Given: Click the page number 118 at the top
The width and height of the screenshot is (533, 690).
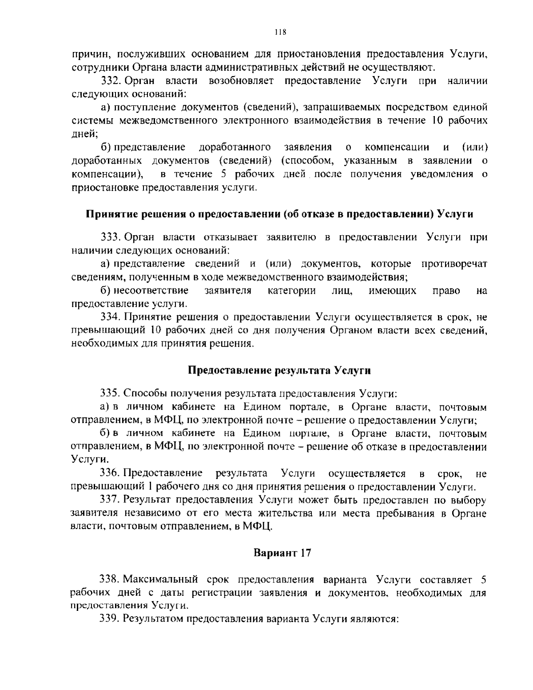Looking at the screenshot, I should (x=280, y=32).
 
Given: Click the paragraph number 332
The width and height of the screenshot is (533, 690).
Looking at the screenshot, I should (x=111, y=81).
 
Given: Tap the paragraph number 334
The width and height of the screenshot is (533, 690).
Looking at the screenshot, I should (x=111, y=317).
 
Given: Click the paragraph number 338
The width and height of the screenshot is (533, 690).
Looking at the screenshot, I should (x=111, y=580).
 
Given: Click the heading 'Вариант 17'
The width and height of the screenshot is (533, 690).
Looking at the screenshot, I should (x=282, y=553).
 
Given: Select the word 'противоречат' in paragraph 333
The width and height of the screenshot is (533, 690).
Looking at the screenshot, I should (x=454, y=264).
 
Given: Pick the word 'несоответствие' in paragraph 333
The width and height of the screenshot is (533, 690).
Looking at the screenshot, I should (x=151, y=291).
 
